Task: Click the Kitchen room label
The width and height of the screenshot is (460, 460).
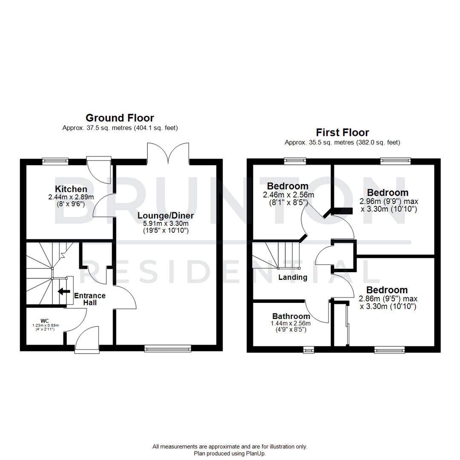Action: pyautogui.click(x=71, y=189)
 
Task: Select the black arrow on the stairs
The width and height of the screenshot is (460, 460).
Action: pyautogui.click(x=64, y=292)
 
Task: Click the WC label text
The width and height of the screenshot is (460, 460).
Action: pyautogui.click(x=45, y=320)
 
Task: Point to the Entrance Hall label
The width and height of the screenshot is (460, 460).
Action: pyautogui.click(x=89, y=299)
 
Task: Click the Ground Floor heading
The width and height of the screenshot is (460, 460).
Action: pyautogui.click(x=120, y=118)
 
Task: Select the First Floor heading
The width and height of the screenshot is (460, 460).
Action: pyautogui.click(x=342, y=132)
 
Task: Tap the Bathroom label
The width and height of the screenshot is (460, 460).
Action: pyautogui.click(x=291, y=316)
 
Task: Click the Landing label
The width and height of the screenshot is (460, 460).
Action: pyautogui.click(x=293, y=277)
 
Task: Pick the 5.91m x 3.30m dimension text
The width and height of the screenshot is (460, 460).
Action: pyautogui.click(x=163, y=223)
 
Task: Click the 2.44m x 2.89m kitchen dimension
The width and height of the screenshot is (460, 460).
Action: pyautogui.click(x=71, y=197)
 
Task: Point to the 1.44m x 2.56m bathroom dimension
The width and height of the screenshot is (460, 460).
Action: pyautogui.click(x=291, y=324)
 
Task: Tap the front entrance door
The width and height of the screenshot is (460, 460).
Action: pyautogui.click(x=87, y=341)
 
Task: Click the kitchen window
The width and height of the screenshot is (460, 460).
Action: pyautogui.click(x=55, y=161)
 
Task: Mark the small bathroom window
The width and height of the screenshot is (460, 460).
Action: pyautogui.click(x=308, y=350)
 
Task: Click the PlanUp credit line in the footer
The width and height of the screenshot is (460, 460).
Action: pyautogui.click(x=230, y=454)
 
